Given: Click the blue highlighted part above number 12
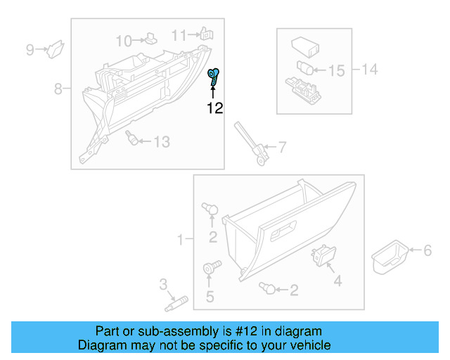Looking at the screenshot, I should (x=213, y=77).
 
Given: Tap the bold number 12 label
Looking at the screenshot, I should (x=214, y=108).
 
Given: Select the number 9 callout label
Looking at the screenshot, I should (x=30, y=49).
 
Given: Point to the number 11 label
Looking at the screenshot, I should (x=180, y=35).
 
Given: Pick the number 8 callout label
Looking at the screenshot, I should (x=59, y=89).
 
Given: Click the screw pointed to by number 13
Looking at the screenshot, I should (x=131, y=137).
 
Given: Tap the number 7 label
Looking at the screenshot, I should (x=282, y=148).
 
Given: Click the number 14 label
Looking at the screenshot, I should (x=369, y=69).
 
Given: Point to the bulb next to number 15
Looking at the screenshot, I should (x=304, y=68).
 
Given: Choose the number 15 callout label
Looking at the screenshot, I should (x=337, y=70).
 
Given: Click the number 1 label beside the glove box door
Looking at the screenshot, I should (x=180, y=240).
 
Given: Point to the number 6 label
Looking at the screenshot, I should (x=426, y=250).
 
